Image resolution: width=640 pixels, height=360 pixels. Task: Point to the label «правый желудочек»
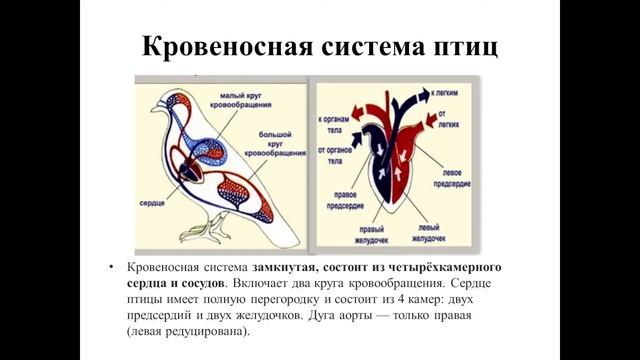tap(364, 234)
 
